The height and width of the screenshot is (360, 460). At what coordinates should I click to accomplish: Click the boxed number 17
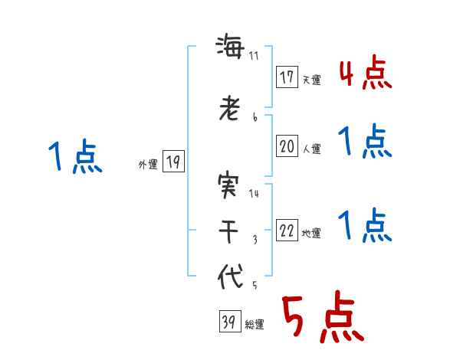(287, 77)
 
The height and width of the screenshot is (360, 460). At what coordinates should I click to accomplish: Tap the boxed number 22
(287, 231)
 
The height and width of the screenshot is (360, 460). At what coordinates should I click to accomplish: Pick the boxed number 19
(173, 162)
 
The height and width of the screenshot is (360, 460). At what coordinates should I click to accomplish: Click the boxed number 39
(228, 322)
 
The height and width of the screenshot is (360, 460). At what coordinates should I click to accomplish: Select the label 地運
(311, 234)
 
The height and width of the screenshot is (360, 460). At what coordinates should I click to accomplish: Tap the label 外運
(147, 164)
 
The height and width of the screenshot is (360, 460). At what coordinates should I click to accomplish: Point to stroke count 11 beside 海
(255, 57)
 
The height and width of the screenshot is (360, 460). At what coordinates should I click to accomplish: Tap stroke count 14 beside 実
(255, 194)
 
